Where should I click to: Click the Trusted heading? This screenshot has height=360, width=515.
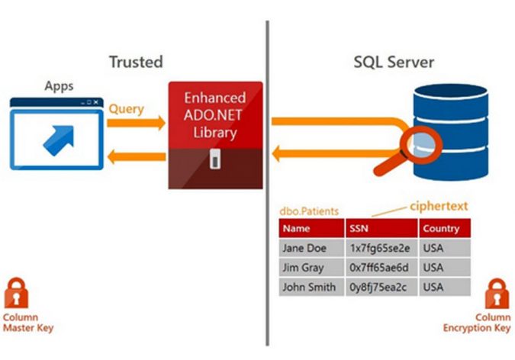pyautogui.click(x=136, y=62)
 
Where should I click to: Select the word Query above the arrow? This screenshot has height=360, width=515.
pyautogui.click(x=126, y=109)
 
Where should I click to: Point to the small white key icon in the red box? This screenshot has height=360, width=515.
pyautogui.click(x=215, y=160)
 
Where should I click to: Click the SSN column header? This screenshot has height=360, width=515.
pyautogui.click(x=359, y=228)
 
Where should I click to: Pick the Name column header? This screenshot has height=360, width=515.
pyautogui.click(x=296, y=228)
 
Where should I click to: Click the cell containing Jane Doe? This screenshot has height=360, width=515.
pyautogui.click(x=304, y=249)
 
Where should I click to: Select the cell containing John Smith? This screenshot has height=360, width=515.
pyautogui.click(x=308, y=288)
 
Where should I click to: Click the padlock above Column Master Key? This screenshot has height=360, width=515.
pyautogui.click(x=17, y=294)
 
